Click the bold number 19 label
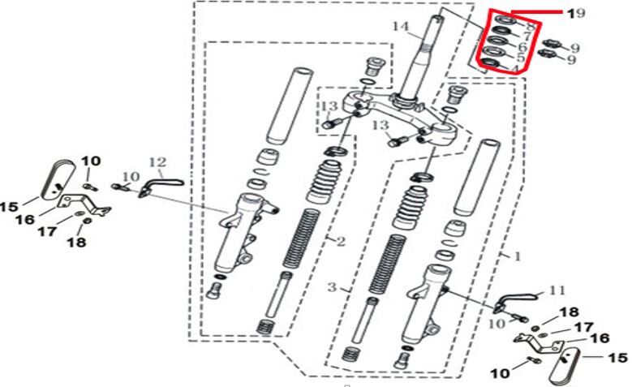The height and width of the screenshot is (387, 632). pyautogui.click(x=575, y=14)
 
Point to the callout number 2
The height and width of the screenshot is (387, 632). pyautogui.click(x=341, y=241)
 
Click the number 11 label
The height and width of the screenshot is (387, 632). pyautogui.click(x=556, y=290)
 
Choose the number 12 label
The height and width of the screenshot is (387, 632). pyautogui.click(x=157, y=162)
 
